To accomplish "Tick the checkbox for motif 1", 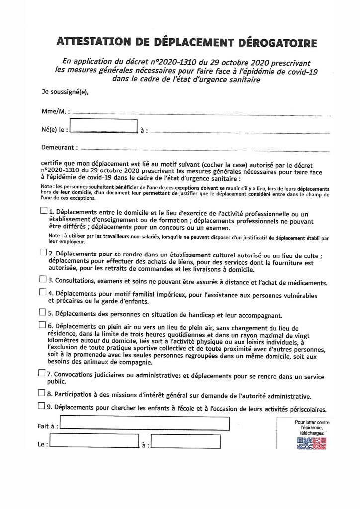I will (43, 211).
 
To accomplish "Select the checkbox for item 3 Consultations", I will (43, 280).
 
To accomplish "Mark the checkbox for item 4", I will (43, 293).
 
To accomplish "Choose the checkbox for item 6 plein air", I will (43, 326).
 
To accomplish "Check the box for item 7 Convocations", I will (43, 372).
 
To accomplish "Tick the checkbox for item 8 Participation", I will (43, 393).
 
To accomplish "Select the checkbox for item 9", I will (43, 406).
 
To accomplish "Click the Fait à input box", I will (144, 424).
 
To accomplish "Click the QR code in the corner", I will (312, 444).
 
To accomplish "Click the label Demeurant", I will (59, 148).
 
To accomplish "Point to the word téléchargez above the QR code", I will (312, 433).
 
